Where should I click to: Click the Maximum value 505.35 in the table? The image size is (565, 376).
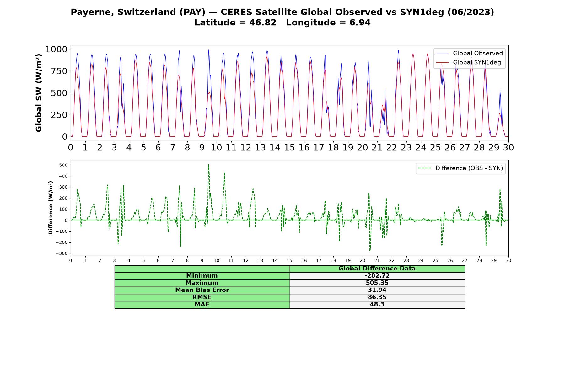[377, 283]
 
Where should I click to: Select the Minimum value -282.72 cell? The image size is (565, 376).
[377, 276]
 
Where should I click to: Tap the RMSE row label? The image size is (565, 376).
[202, 297]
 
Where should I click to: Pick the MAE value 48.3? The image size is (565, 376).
[377, 305]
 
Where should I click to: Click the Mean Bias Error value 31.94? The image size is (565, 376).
[377, 290]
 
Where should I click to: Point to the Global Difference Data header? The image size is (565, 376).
[377, 269]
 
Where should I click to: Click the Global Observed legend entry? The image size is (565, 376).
[470, 53]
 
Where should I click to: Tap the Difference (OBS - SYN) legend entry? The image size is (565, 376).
[461, 168]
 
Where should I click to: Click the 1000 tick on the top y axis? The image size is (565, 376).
[56, 49]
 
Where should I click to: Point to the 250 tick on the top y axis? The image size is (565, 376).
[59, 115]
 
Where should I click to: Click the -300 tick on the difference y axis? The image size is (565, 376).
[62, 253]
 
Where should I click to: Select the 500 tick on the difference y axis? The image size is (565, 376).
[64, 165]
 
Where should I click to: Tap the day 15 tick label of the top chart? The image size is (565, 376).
[289, 148]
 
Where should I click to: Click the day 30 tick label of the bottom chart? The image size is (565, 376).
[508, 261]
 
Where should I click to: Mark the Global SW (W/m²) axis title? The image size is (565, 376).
[39, 93]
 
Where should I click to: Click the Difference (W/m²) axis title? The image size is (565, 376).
[51, 208]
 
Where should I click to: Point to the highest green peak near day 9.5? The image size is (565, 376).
[208, 164]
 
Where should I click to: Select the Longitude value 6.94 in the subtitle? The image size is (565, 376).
[360, 23]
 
